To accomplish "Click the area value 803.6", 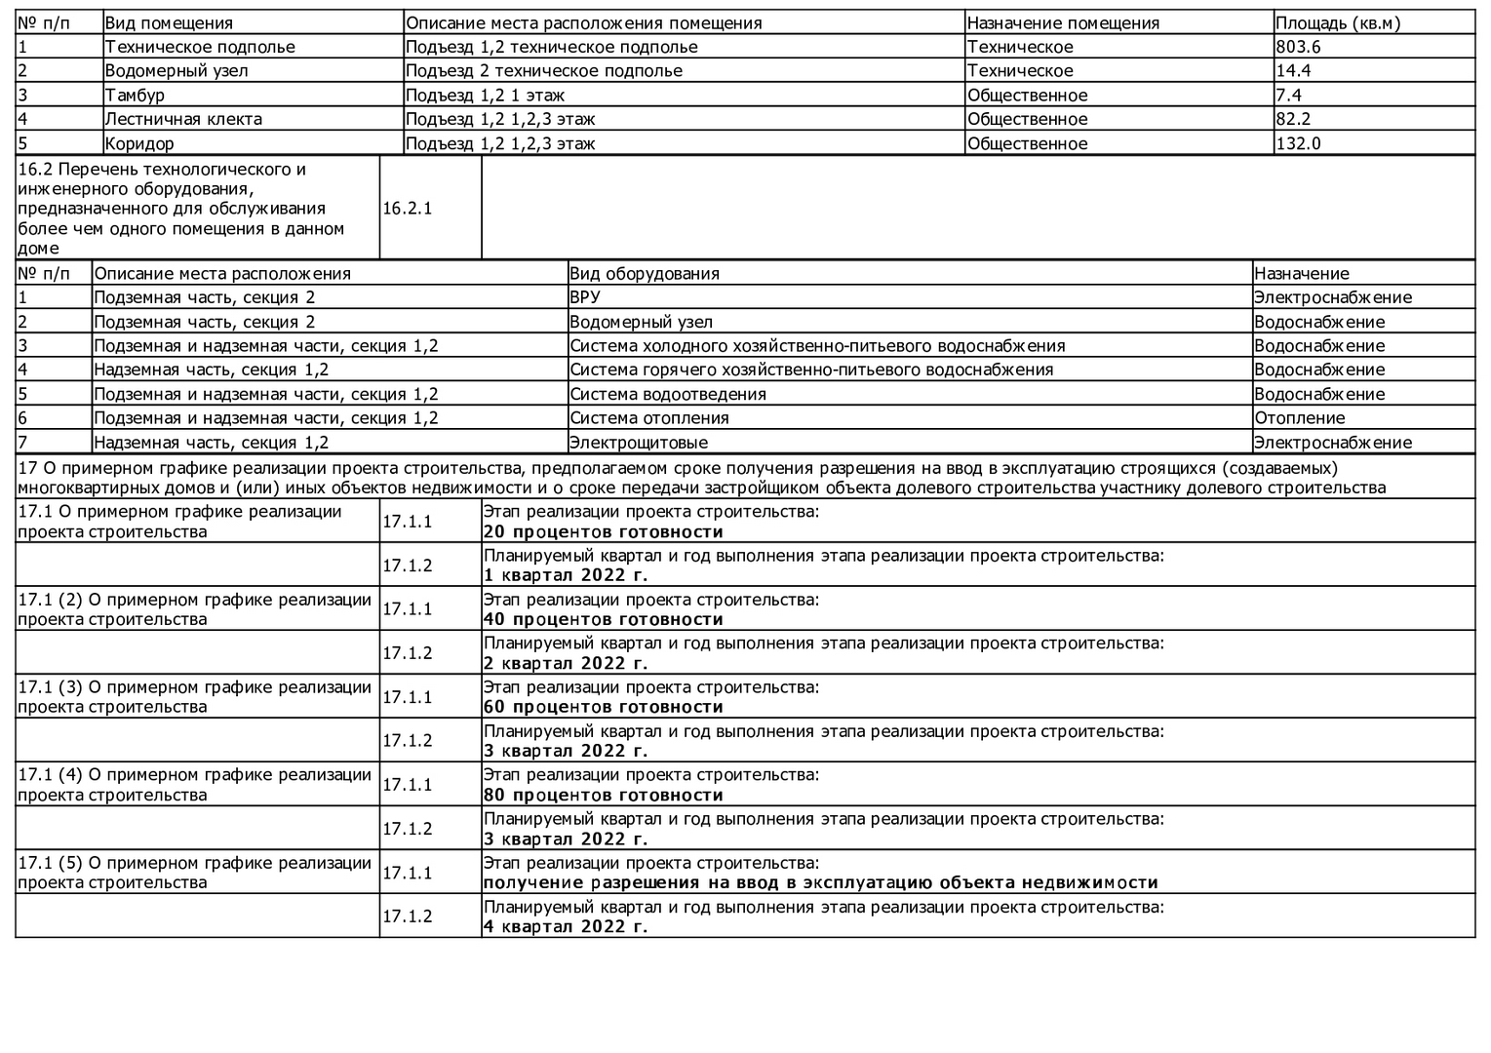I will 1298,47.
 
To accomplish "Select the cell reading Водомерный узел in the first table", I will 177,70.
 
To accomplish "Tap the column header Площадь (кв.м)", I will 1337,22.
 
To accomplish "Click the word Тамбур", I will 135,95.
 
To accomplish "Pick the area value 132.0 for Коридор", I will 1298,143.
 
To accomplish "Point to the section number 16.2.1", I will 407,208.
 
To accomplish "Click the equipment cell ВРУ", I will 585,297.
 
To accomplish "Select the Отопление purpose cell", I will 1299,418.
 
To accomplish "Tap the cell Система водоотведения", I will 668,394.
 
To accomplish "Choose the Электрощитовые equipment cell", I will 639,443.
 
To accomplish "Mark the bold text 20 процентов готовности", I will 604,532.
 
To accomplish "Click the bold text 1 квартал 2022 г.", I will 566,575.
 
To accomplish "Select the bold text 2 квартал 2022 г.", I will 566,663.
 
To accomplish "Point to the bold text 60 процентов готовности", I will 604,707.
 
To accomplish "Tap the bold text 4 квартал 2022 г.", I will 566,926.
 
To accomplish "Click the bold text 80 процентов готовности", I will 604,795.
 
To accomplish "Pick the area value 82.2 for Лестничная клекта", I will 1293,119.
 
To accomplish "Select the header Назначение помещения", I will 1063,22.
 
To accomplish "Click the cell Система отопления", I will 649,418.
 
